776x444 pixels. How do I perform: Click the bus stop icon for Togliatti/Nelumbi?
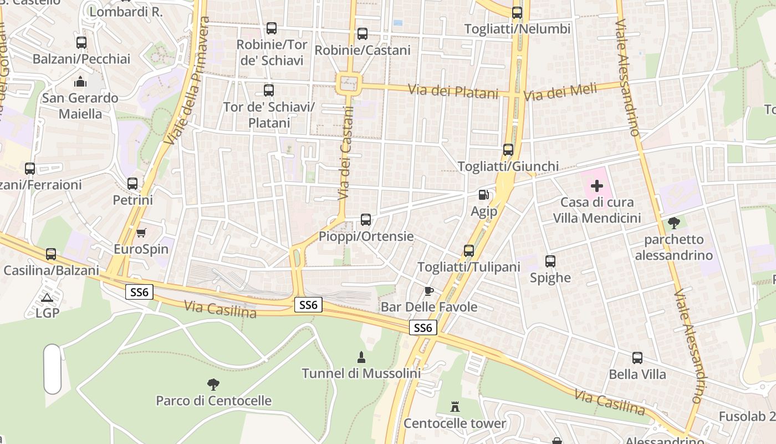coord(517,12)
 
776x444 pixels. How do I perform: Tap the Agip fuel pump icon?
coord(484,195)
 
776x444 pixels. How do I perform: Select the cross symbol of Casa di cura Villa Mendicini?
coord(597,186)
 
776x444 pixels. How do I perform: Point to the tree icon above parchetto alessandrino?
coord(674,223)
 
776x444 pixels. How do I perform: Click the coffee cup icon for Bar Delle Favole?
coord(428,291)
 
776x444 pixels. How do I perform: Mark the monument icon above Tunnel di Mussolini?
coord(361,357)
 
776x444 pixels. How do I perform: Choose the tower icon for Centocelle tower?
coord(455,407)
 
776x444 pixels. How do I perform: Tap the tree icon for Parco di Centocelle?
coord(213,384)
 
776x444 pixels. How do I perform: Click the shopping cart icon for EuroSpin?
coord(141,233)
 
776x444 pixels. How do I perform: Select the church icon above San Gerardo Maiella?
coord(80,82)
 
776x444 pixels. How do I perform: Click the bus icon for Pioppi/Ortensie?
coord(366,220)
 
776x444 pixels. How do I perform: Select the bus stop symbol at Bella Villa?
coord(637,358)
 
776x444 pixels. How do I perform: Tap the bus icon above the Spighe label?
coord(550,261)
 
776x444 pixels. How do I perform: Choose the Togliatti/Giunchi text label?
coord(508,166)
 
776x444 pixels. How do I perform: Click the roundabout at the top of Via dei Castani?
coord(349,84)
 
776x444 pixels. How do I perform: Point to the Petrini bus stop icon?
coord(132,183)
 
